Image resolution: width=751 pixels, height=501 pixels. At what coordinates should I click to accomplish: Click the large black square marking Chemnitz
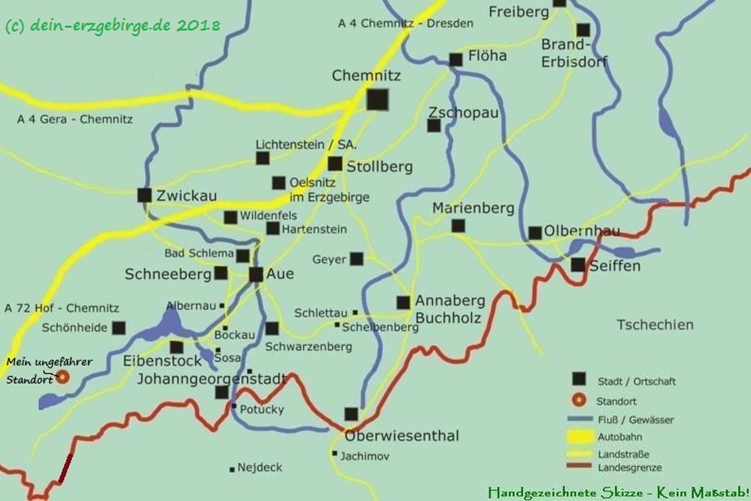tap(377, 99)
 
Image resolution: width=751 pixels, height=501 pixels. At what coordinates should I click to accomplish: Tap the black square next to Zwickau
tap(144, 195)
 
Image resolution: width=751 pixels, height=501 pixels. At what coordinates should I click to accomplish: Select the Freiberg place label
tap(519, 12)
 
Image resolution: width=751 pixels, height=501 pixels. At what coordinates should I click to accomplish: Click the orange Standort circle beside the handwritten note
tap(63, 377)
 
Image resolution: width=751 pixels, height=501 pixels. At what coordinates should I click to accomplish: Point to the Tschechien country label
tap(655, 324)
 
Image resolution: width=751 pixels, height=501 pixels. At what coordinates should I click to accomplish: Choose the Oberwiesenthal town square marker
tap(351, 414)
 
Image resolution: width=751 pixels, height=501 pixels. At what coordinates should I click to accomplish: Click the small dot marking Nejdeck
tap(232, 470)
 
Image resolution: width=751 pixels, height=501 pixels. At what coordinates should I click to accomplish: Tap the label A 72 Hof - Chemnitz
tap(62, 308)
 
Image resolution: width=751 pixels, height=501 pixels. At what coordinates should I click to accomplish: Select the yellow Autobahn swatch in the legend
tap(580, 437)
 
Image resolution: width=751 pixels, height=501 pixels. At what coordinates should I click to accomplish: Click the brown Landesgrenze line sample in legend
tap(580, 466)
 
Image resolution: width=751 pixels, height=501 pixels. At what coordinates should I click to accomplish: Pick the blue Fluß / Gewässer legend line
tap(580, 419)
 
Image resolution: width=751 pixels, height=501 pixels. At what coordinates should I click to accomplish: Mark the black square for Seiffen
tap(578, 264)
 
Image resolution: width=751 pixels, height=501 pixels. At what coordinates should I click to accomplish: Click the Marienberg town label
tap(473, 208)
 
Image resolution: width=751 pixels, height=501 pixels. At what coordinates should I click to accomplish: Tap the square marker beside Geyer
tap(356, 259)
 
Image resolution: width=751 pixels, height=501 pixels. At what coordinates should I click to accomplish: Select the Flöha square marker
tap(456, 60)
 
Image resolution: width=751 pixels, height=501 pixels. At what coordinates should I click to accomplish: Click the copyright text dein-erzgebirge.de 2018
tap(113, 26)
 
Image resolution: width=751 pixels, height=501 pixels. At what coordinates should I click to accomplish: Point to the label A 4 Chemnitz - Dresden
tap(406, 23)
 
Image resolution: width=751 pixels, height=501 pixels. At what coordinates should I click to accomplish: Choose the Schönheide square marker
tap(119, 328)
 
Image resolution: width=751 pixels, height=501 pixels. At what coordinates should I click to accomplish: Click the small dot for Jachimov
tap(335, 453)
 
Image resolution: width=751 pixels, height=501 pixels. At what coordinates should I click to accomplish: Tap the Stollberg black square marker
tap(335, 164)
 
